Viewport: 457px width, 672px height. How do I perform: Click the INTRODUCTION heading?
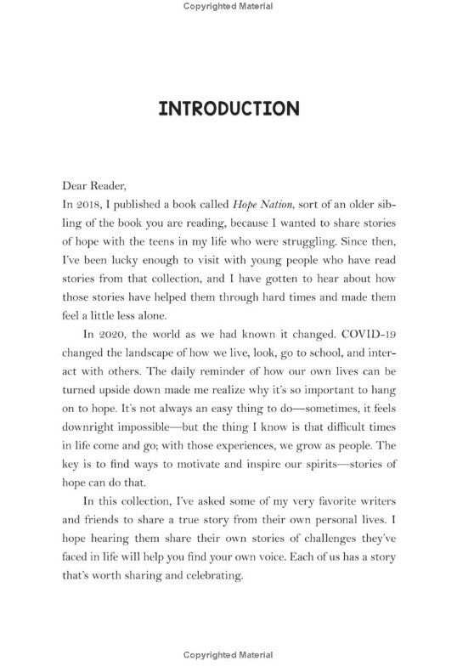228,110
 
